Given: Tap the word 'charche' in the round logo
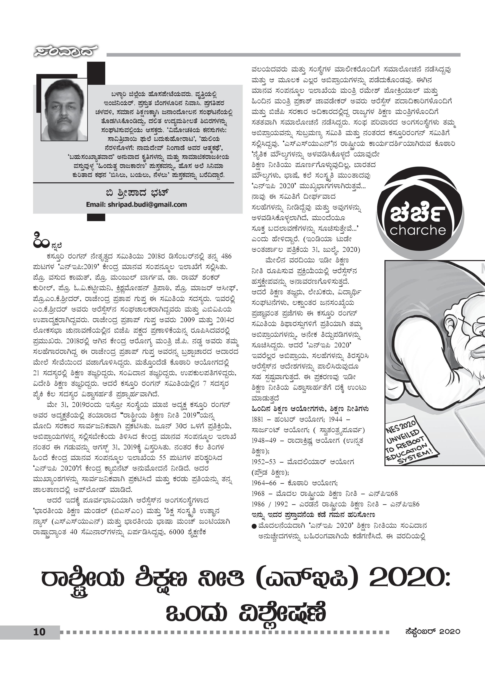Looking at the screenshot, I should [418, 230].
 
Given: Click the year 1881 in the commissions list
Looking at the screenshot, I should [257, 419].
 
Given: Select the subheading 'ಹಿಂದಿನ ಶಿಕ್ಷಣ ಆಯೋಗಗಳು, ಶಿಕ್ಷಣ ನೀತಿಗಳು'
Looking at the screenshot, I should [310, 409].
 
